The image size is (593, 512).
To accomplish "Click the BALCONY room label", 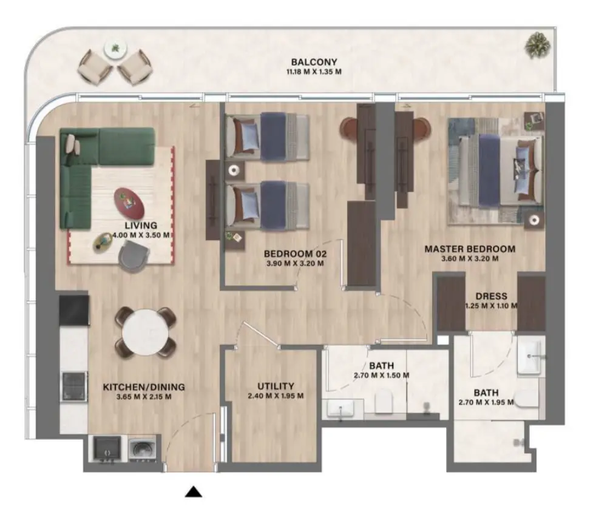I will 313,62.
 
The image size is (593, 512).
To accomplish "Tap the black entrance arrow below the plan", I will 194,492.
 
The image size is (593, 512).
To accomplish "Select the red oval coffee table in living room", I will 129,203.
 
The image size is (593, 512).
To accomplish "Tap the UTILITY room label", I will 276,386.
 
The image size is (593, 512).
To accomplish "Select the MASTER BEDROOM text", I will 469,249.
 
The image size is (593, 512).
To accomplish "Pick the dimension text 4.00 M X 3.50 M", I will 141,235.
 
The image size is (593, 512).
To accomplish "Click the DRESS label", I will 491,296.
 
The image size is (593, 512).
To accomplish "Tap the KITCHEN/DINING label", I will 144,387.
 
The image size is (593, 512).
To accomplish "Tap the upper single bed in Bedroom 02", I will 267,138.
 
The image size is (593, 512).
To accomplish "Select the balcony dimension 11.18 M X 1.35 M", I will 313,72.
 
